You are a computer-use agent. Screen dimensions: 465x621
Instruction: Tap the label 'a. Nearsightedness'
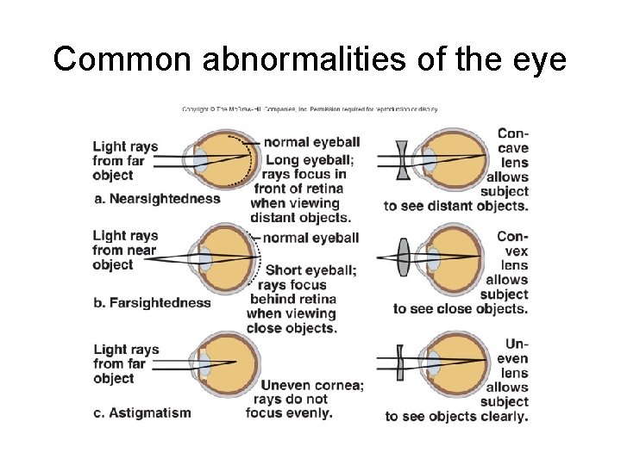coord(157,199)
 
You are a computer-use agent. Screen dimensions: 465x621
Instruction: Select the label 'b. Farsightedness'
coord(152,302)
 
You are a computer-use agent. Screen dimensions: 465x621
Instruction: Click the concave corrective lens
coord(404,160)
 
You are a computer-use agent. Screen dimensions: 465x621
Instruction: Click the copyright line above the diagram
coord(310,109)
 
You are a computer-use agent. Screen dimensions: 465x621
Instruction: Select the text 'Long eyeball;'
coord(310,160)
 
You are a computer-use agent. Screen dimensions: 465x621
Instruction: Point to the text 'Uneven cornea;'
coord(312,385)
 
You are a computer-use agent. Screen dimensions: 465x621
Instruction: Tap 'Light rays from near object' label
coord(125,250)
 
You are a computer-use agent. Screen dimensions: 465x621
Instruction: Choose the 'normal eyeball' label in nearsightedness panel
coord(311,142)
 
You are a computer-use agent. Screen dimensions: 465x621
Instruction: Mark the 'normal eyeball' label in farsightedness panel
coord(311,238)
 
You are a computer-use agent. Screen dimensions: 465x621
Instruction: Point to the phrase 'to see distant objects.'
coord(456,206)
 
